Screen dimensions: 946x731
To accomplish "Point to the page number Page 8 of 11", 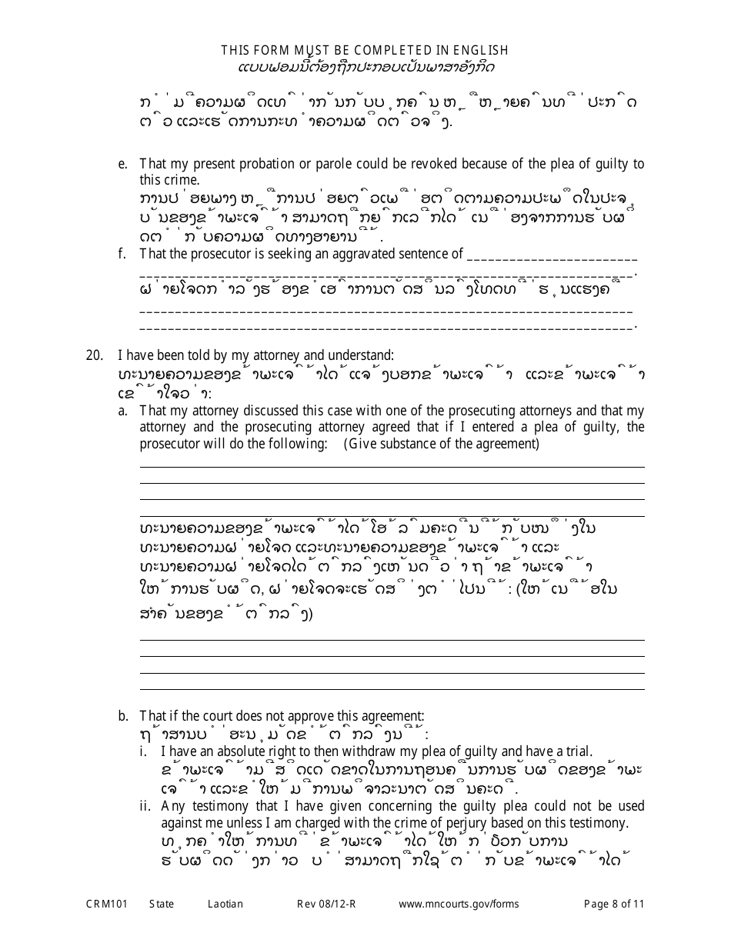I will [x=614, y=904].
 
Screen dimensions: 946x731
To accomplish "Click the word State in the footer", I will [x=162, y=904].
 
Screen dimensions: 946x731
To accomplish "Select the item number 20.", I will [x=95, y=355].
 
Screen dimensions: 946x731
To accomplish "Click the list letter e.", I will [x=122, y=164].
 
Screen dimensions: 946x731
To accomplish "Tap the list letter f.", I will [x=122, y=254].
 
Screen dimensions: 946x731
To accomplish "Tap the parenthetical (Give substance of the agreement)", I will [x=441, y=444].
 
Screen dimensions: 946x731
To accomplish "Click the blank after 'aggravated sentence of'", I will [x=551, y=255].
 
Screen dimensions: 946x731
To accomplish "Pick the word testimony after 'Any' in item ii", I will [x=218, y=806].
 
